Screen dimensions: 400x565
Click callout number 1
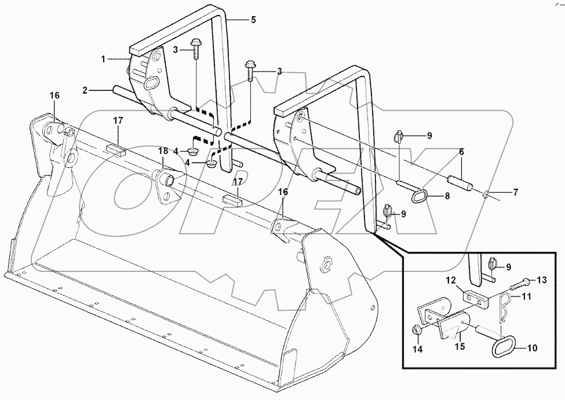click(x=103, y=59)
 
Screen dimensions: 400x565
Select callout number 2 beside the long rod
click(x=85, y=90)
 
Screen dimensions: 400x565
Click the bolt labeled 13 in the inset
click(x=520, y=284)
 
